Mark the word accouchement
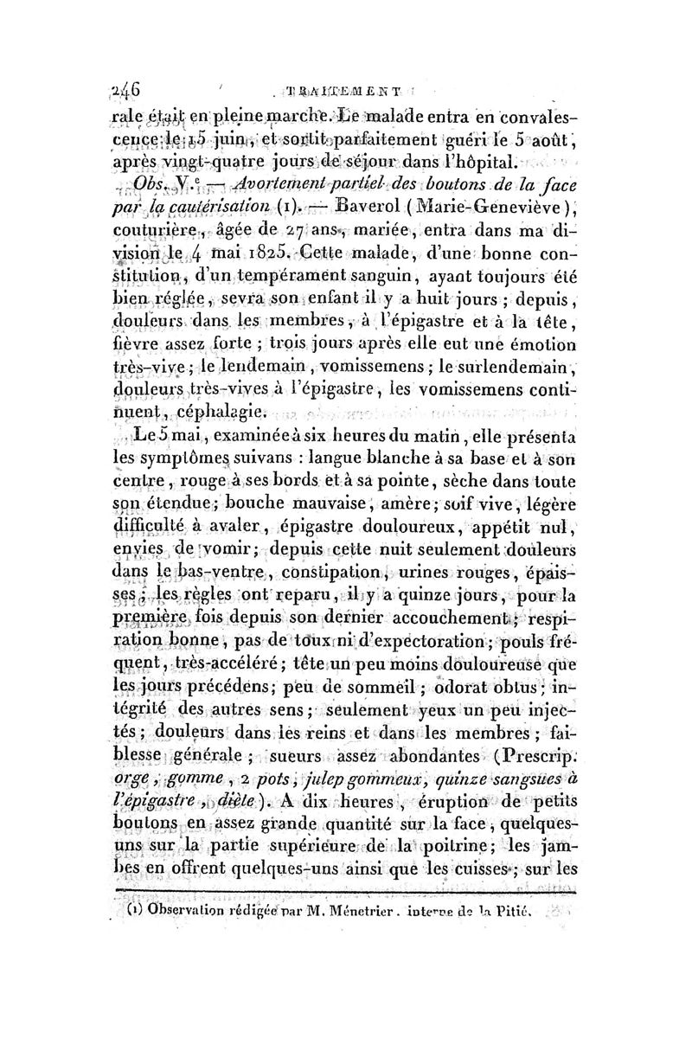[x=458, y=619]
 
